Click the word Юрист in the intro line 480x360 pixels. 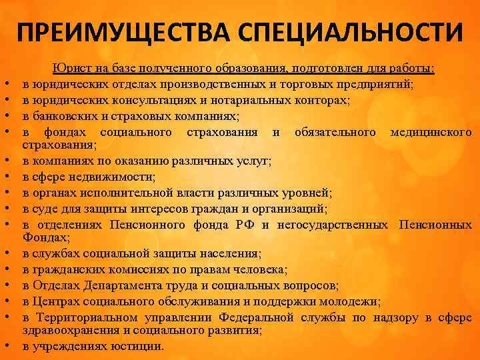click(69, 69)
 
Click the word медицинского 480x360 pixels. click(431, 131)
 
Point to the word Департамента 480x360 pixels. click(127, 285)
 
